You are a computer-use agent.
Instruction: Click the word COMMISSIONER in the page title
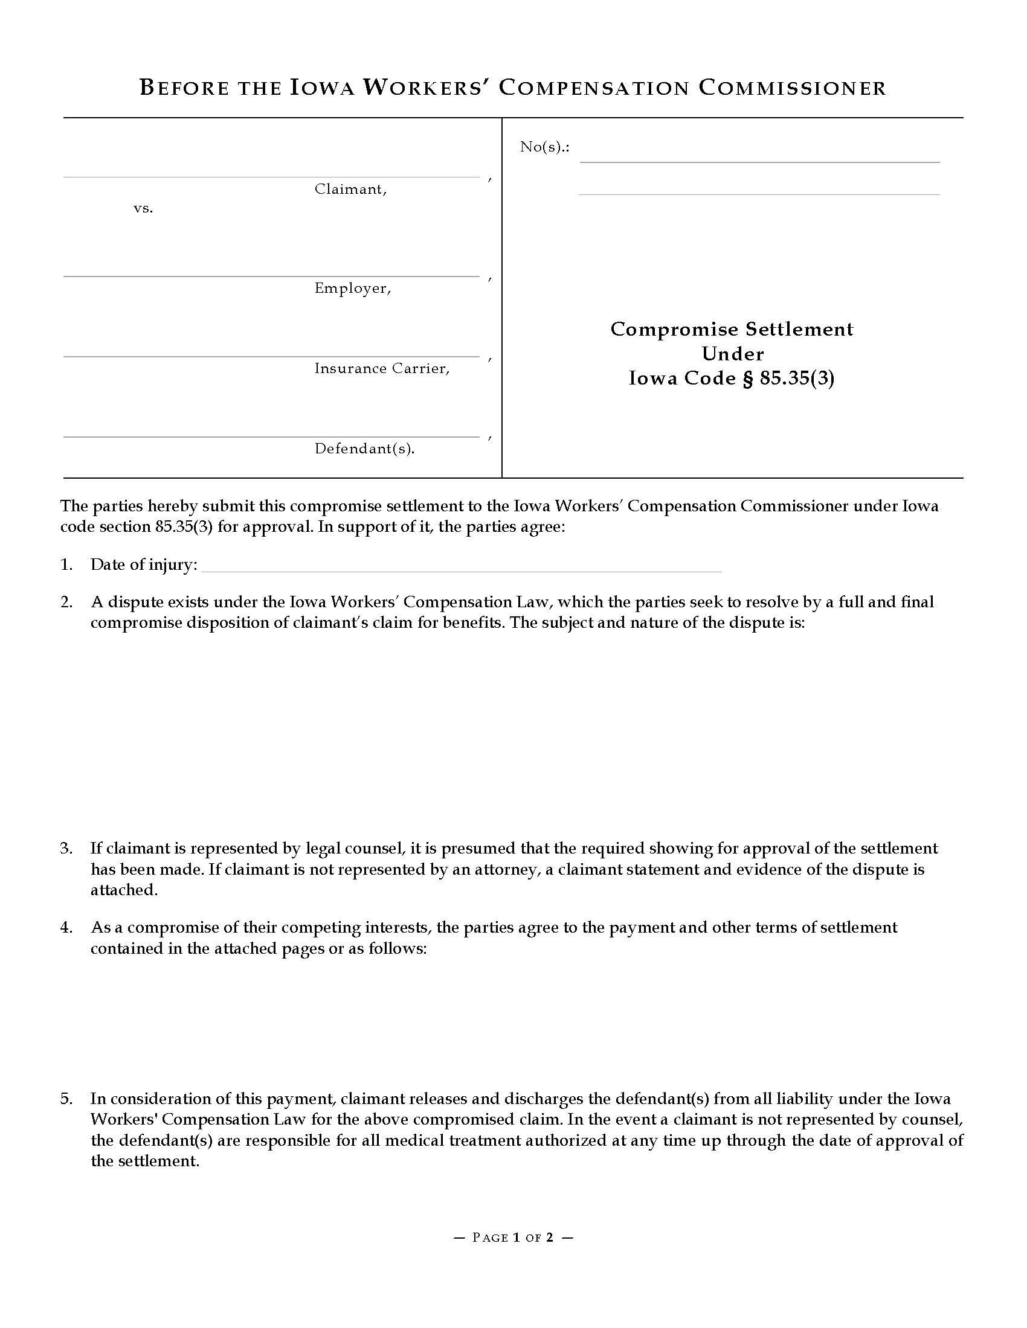click(x=791, y=88)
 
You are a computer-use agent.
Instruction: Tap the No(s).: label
click(x=544, y=147)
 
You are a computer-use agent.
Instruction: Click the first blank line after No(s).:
click(x=759, y=161)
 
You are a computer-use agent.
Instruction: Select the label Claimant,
click(x=350, y=190)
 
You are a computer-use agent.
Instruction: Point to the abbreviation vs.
click(x=143, y=209)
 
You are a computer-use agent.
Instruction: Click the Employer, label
click(x=352, y=288)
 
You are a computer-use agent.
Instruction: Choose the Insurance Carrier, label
click(x=381, y=368)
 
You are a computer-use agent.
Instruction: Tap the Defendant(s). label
click(x=364, y=449)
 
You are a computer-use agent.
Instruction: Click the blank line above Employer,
click(x=271, y=275)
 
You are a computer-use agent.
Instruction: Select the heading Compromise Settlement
click(x=732, y=329)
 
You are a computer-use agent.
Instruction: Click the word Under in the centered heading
click(x=732, y=354)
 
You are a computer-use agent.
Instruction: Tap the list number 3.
click(x=66, y=848)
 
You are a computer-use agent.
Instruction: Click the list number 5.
click(x=66, y=1099)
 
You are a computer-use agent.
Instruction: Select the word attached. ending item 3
click(x=124, y=890)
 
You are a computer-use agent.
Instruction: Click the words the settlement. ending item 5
click(x=145, y=1161)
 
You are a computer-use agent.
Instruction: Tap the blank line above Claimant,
click(x=271, y=176)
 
